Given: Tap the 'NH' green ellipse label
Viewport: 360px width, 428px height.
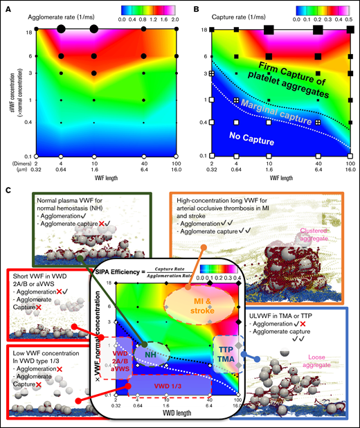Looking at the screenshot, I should (147, 353).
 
